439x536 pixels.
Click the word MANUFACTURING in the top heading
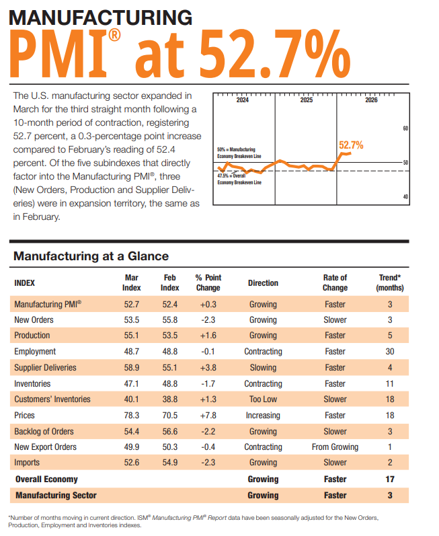tap(101, 17)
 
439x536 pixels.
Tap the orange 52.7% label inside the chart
tap(351, 145)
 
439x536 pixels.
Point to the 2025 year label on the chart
tap(306, 100)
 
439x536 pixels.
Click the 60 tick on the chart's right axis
tap(405, 128)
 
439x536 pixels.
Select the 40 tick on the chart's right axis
tap(405, 196)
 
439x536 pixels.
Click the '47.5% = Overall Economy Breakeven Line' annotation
tap(239, 179)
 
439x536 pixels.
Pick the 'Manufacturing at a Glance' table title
tap(91, 256)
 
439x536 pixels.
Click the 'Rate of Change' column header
tap(335, 282)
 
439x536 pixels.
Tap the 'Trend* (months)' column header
tap(391, 282)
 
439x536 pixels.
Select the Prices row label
tap(25, 416)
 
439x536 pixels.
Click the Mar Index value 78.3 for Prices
tap(132, 416)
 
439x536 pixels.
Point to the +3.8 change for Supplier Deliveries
tap(208, 368)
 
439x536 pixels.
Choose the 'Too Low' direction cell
tap(263, 399)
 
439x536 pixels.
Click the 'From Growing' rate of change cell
tap(335, 447)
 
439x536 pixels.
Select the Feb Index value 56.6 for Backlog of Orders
tap(170, 432)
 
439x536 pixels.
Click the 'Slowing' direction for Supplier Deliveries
tap(263, 368)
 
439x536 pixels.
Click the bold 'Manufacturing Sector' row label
tap(56, 496)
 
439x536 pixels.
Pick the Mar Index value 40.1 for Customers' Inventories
tap(132, 399)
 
